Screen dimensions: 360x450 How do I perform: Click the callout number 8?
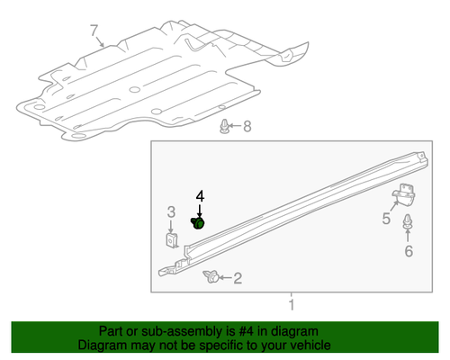(x=249, y=127)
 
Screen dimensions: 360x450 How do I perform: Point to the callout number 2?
(x=238, y=279)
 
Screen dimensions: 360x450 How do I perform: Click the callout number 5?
(x=386, y=219)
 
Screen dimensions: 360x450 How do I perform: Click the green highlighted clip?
(x=199, y=222)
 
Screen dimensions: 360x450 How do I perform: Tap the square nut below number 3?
(x=171, y=240)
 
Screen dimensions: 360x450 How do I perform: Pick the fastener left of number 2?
(x=212, y=277)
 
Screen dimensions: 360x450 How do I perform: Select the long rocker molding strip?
(x=288, y=220)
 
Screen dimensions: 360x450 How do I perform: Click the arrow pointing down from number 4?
(x=201, y=209)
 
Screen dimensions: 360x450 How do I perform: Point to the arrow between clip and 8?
(x=236, y=127)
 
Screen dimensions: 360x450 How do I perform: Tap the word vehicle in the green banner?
(x=307, y=345)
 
